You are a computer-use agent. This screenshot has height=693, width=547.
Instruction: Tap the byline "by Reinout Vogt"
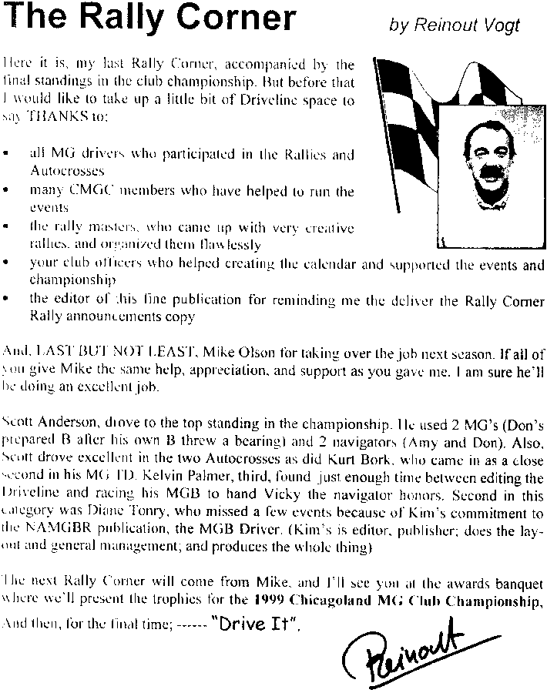click(x=455, y=25)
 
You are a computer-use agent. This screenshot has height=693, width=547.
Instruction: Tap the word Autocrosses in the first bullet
click(x=67, y=169)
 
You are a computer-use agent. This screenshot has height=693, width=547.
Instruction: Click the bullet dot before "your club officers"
click(x=7, y=264)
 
